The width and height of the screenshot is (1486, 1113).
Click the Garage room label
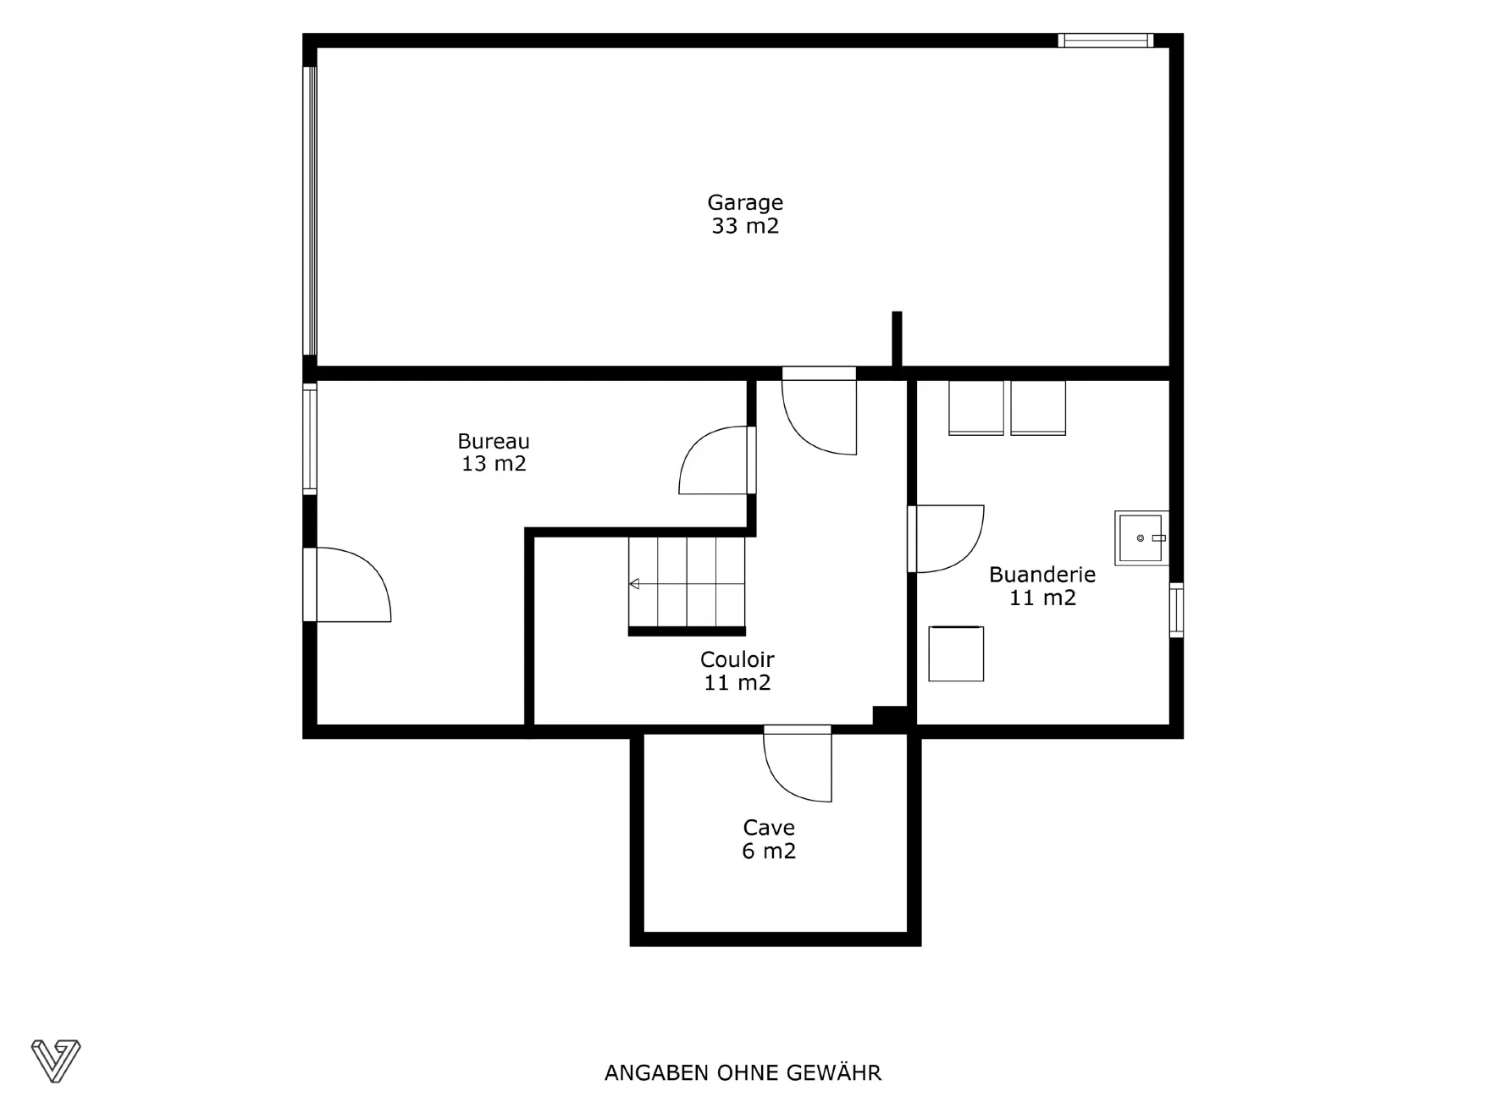[x=745, y=203]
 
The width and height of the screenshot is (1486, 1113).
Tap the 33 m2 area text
[x=745, y=226]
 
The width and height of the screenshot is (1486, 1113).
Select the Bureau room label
[x=494, y=441]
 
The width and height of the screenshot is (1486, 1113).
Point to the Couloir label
[x=737, y=659]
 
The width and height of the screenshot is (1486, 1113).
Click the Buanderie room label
[x=1042, y=575]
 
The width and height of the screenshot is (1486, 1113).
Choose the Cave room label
[x=769, y=828]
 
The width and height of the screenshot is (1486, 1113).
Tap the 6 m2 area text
[x=769, y=851]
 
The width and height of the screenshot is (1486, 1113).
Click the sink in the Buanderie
[x=1141, y=537]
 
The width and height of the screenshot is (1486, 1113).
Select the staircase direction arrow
[x=634, y=584]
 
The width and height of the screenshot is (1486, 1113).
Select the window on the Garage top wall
[x=1105, y=40]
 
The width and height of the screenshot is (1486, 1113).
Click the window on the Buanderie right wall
[x=1176, y=610]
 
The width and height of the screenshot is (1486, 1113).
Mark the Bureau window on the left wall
[x=310, y=438]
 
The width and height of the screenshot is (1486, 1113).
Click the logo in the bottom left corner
[x=56, y=1061]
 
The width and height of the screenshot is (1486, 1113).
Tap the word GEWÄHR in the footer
[x=834, y=1072]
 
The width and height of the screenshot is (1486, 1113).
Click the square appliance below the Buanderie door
[x=956, y=653]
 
